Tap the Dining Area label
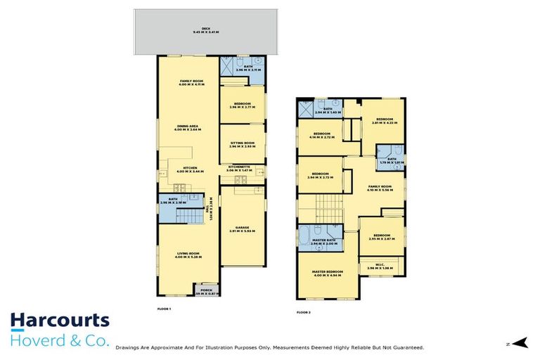pyautogui.click(x=188, y=128)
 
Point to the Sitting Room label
pyautogui.click(x=242, y=143)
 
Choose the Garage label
pyautogui.click(x=242, y=229)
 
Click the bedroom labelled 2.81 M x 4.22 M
pyautogui.click(x=384, y=121)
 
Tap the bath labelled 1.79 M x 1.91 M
pyautogui.click(x=391, y=161)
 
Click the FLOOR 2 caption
pyautogui.click(x=304, y=311)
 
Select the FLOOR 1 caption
pyautogui.click(x=164, y=309)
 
